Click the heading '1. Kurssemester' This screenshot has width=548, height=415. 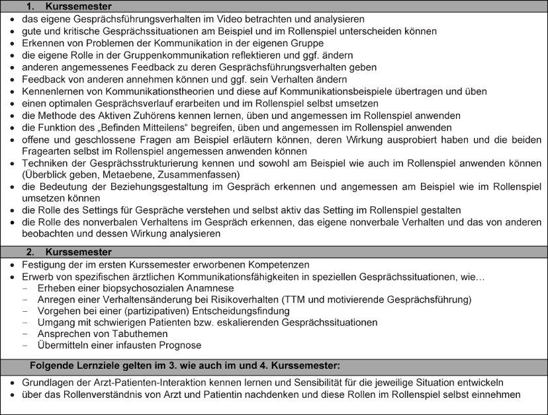[x=65, y=6]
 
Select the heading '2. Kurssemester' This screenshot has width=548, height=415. [x=65, y=252]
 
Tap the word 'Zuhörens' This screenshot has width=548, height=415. [x=162, y=115]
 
